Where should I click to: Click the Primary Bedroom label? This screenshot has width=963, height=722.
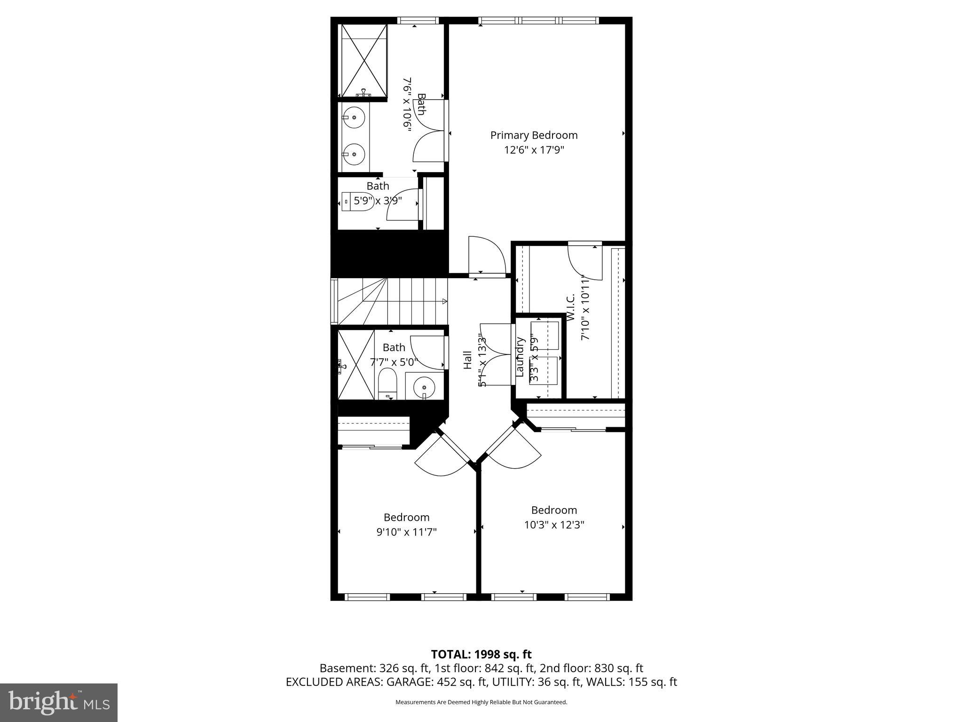click(534, 135)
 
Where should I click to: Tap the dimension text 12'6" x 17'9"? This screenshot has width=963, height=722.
click(534, 150)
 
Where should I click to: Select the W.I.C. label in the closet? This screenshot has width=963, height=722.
click(571, 308)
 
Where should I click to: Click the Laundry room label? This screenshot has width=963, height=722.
click(520, 357)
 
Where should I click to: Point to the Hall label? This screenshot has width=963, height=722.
click(467, 360)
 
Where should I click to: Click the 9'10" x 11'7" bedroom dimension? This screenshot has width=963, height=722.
click(406, 532)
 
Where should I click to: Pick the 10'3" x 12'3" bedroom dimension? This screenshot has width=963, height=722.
click(554, 525)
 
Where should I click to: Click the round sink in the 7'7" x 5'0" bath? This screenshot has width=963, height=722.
click(425, 387)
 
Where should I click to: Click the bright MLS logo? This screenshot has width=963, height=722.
click(59, 703)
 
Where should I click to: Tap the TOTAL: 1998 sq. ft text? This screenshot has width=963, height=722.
click(481, 654)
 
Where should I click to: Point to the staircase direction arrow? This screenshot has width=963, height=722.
click(444, 301)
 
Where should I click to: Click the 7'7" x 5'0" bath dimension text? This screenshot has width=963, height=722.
click(394, 362)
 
